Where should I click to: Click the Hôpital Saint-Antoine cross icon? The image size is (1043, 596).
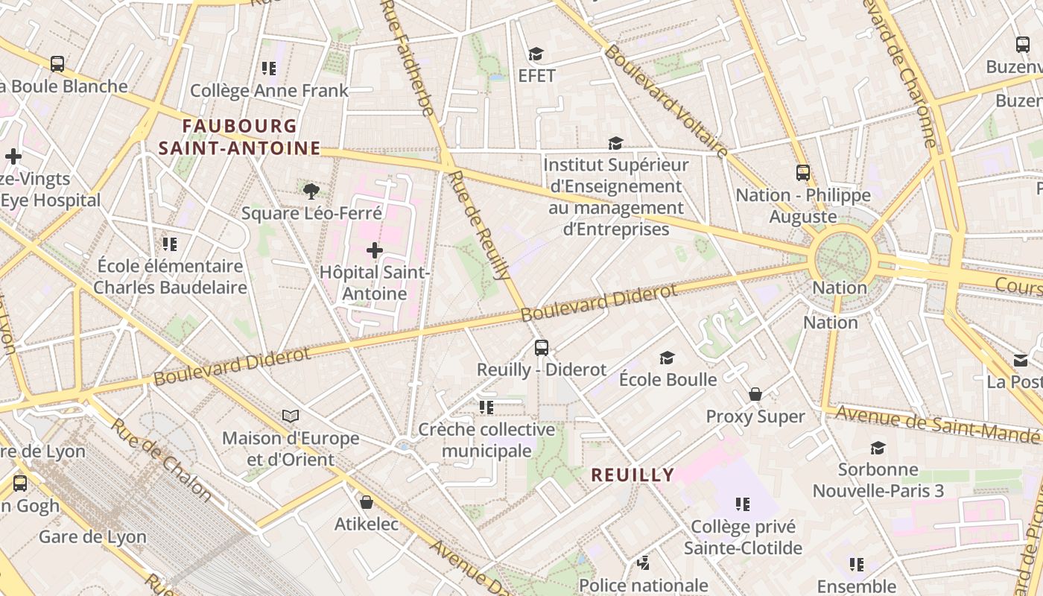(x=375, y=250)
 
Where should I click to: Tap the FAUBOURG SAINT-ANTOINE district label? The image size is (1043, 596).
(x=239, y=137)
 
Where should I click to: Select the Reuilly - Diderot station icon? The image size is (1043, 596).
(x=542, y=348)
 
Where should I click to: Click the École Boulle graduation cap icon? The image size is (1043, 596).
(x=667, y=358)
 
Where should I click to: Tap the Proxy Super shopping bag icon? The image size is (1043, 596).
(x=755, y=394)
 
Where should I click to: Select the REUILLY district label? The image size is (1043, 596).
(x=633, y=475)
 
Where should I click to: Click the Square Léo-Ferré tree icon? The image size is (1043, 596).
(x=311, y=191)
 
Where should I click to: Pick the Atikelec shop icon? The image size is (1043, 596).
(x=366, y=502)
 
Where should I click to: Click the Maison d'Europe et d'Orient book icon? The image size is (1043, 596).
(x=291, y=416)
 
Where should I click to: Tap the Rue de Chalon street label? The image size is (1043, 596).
(x=162, y=459)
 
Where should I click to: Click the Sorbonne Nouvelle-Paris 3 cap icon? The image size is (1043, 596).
(x=878, y=448)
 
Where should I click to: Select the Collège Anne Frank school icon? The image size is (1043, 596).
(x=269, y=69)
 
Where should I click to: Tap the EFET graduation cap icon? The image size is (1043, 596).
(x=536, y=54)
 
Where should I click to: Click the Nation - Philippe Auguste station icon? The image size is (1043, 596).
(x=802, y=173)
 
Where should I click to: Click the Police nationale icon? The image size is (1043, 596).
(x=643, y=563)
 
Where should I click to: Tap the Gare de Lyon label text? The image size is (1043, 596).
(x=92, y=536)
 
